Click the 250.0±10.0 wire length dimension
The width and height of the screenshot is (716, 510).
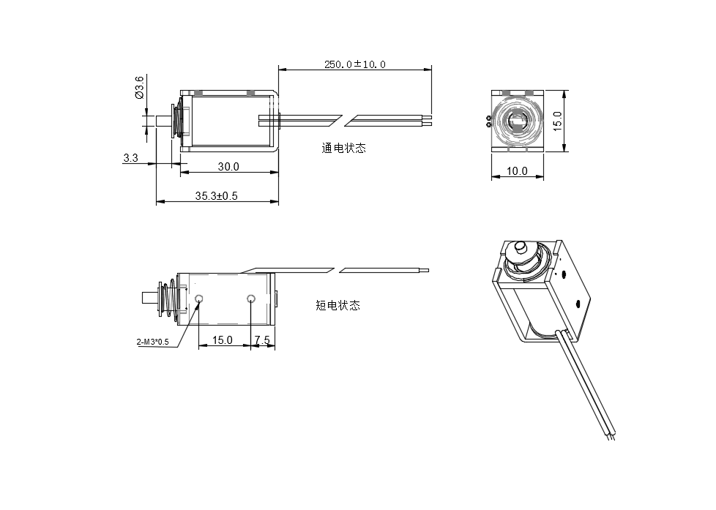tap(354, 64)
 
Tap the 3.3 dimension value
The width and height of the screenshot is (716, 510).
tap(130, 157)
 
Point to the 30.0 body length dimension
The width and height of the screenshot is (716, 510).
tap(228, 167)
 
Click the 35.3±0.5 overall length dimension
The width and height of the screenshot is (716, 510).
tap(216, 196)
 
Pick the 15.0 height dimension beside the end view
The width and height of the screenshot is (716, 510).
tap(558, 121)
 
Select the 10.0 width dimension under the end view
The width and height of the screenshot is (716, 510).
tap(517, 171)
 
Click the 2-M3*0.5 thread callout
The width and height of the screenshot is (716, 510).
tap(152, 342)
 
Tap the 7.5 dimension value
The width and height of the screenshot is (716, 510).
tap(262, 340)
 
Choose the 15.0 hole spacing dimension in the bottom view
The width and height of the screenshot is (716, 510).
tap(222, 340)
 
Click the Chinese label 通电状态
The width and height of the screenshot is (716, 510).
tap(343, 148)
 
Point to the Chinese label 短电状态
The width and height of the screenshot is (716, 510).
tap(338, 305)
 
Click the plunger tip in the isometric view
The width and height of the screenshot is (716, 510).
tap(520, 247)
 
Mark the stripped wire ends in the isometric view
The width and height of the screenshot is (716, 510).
tap(612, 436)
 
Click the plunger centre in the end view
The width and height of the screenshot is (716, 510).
tap(517, 121)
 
